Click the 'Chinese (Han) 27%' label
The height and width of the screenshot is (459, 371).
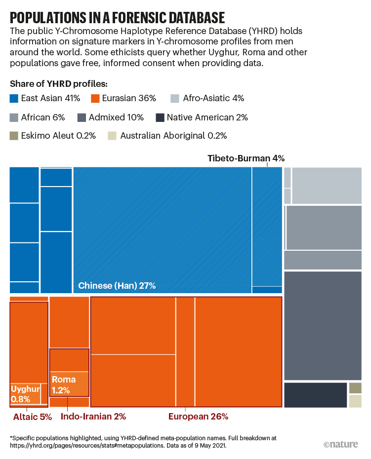[x=117, y=285]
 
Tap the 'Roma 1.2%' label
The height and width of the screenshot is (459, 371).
[x=64, y=384]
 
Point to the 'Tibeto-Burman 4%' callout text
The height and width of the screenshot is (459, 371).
[x=246, y=158]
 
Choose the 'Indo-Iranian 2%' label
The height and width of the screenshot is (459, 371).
[x=93, y=417]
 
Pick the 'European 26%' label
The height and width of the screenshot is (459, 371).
[x=198, y=417]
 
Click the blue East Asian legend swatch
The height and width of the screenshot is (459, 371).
[x=14, y=98]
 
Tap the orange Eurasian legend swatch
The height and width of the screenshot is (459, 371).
[x=95, y=98]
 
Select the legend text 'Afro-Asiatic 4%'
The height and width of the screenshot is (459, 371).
[x=213, y=98]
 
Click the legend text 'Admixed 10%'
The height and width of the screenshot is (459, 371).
[x=116, y=117]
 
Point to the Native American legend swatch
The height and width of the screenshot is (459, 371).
[x=160, y=117]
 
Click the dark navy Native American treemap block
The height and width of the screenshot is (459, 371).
[x=315, y=395]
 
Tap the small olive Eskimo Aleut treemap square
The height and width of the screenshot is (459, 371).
[x=355, y=388]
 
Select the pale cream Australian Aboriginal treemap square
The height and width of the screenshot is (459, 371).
[x=355, y=401]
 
